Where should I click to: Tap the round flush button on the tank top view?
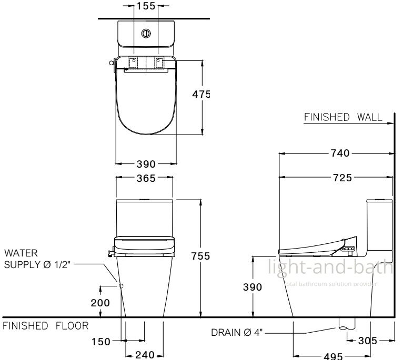pyautogui.click(x=146, y=33)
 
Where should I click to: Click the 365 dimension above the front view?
pyautogui.click(x=146, y=178)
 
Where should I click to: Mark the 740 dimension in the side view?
pyautogui.click(x=340, y=153)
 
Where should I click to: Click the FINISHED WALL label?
pyautogui.click(x=343, y=117)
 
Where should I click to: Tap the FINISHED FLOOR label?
pyautogui.click(x=46, y=326)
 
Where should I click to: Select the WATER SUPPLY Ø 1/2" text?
pyautogui.click(x=38, y=259)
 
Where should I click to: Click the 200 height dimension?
pyautogui.click(x=100, y=303)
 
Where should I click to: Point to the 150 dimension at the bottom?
pyautogui.click(x=100, y=342)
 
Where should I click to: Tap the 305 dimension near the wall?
pyautogui.click(x=367, y=341)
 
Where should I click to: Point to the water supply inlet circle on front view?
pyautogui.click(x=122, y=286)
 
